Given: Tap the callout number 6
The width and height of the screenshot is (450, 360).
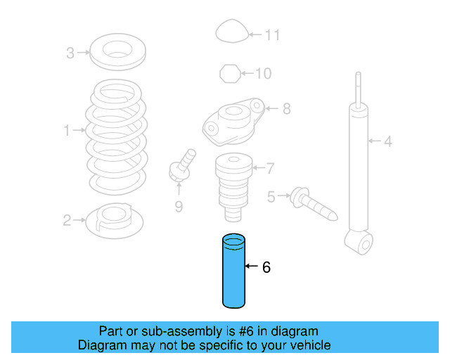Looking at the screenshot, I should coord(266,267).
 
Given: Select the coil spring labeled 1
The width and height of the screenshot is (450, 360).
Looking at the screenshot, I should coord(117,137).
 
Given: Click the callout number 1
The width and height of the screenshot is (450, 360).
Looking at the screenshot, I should coord(67,130).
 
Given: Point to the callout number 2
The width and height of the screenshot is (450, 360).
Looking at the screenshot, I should coord(67,221).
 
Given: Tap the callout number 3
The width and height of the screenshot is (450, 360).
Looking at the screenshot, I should coord(70,53).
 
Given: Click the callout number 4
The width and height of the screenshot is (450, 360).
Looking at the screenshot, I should coord(387,142).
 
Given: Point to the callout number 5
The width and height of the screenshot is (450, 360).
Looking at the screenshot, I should coord(271,196).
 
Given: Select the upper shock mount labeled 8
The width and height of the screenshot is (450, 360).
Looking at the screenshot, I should coord(233,120).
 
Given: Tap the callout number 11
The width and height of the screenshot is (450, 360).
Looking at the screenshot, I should coord(273,34).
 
